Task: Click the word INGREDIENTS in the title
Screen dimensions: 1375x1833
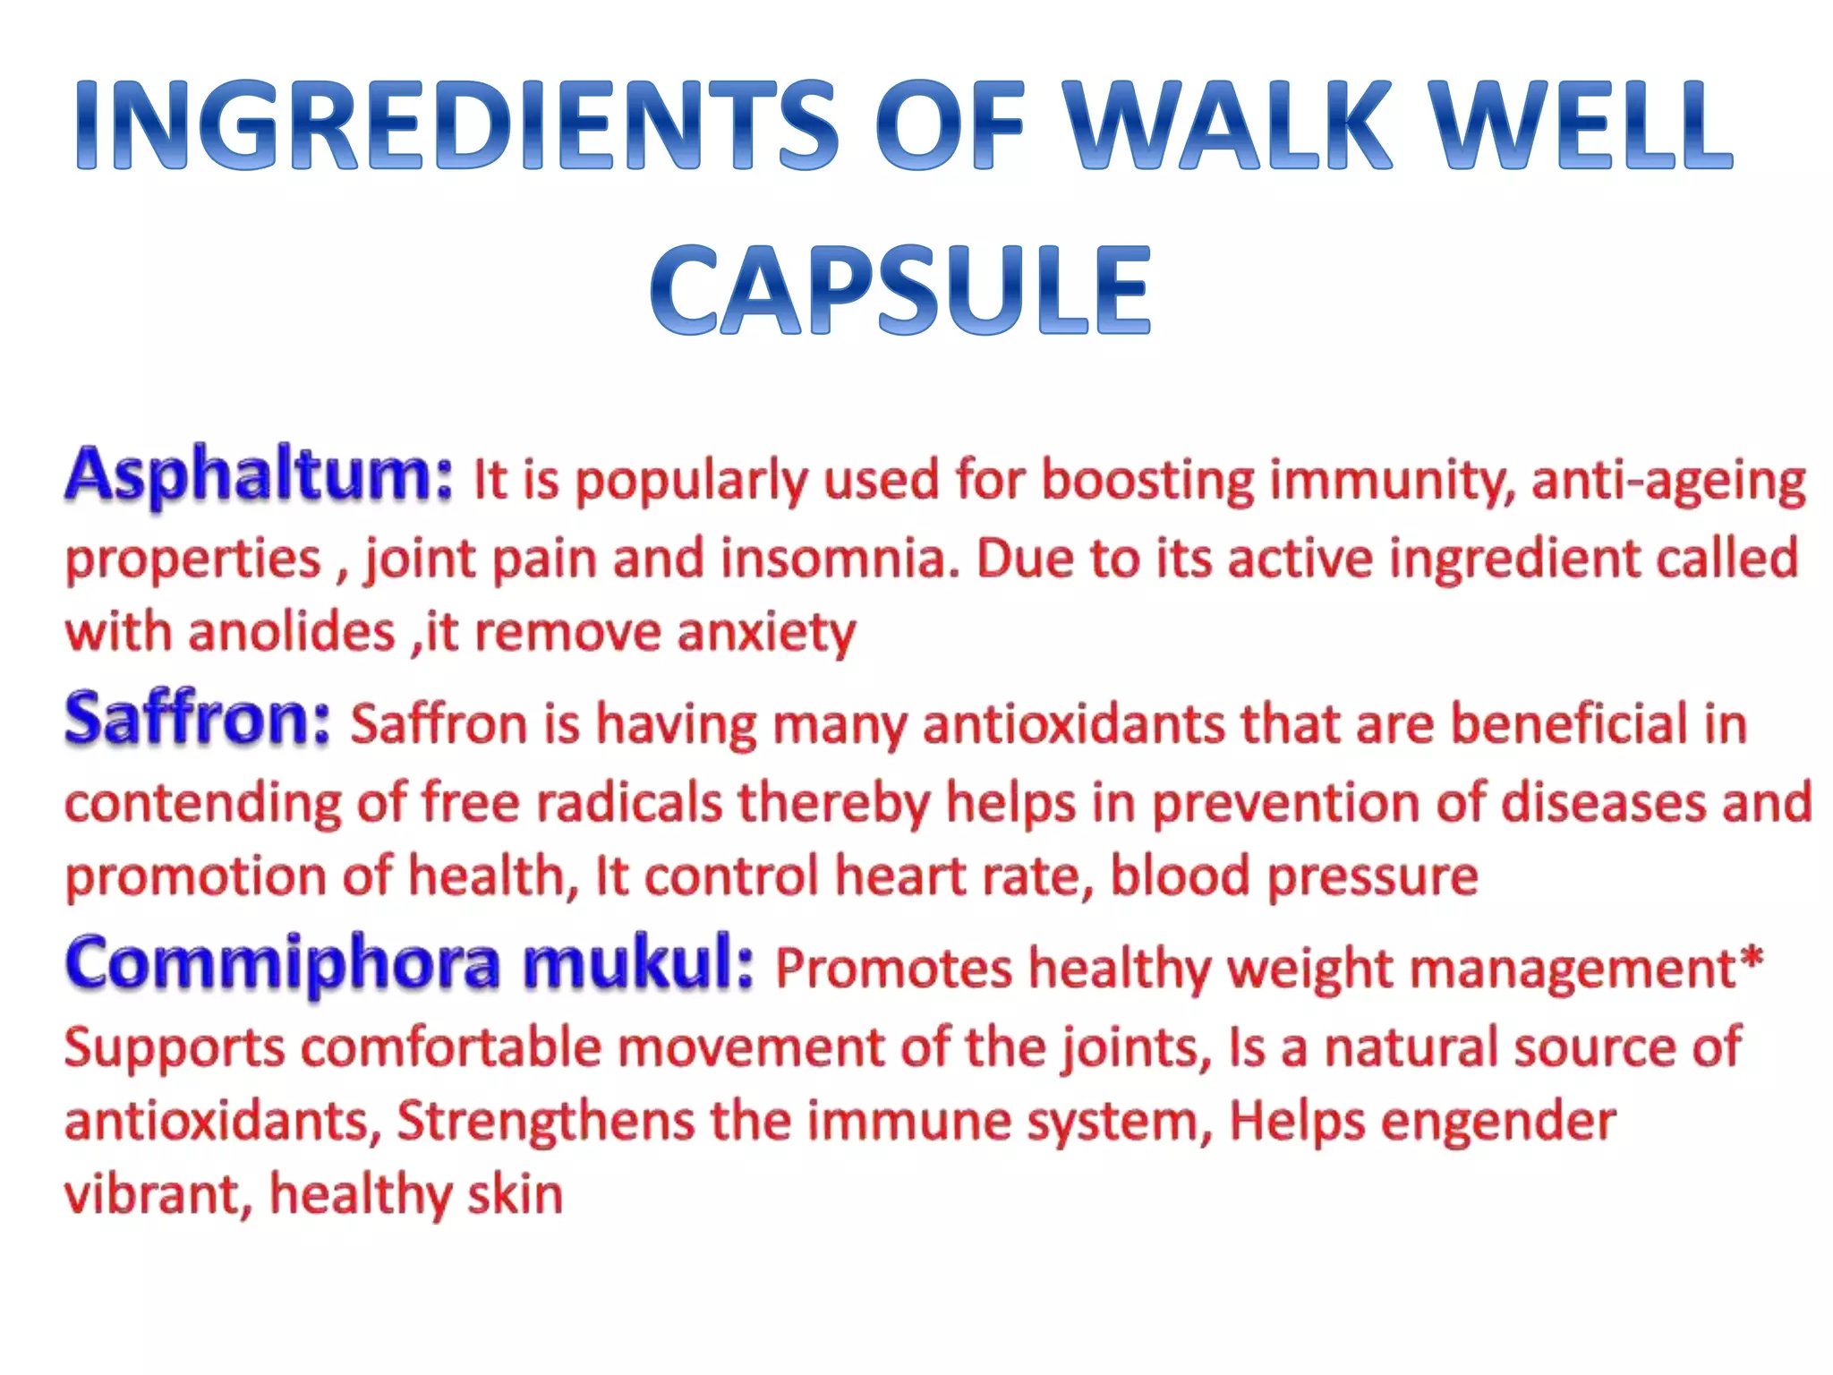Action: [x=456, y=125]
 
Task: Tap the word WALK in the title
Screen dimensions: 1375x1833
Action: [x=1231, y=125]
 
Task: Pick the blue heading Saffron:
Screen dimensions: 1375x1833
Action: [x=198, y=720]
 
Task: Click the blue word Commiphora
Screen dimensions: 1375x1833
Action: [x=283, y=965]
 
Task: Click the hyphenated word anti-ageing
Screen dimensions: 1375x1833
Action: [x=1668, y=481]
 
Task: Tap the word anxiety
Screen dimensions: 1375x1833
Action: [x=766, y=634]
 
